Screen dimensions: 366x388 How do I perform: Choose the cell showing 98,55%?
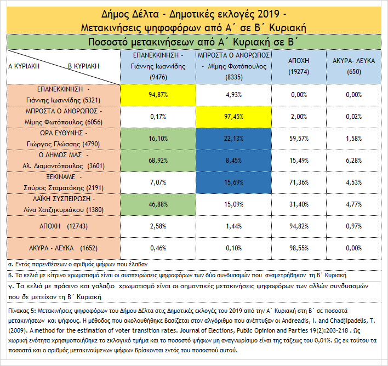[x=299, y=248]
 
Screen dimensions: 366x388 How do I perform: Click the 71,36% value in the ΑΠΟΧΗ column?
[x=299, y=182]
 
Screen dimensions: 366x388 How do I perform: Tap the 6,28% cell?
[x=353, y=160]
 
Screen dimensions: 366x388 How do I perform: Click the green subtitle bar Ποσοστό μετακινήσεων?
[x=193, y=42]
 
